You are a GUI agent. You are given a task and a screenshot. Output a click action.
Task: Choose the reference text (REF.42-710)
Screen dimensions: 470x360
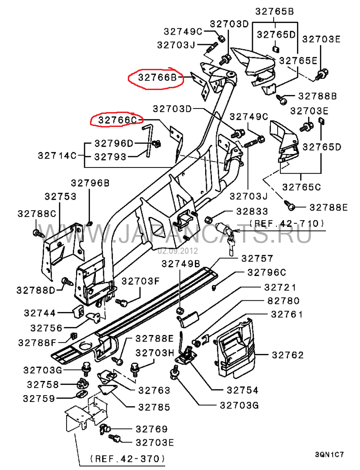[x=287, y=223]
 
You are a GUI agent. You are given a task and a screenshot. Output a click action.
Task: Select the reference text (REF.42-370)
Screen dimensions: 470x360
[x=127, y=459]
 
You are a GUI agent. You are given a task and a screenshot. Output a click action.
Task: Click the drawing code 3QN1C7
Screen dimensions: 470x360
[x=329, y=455]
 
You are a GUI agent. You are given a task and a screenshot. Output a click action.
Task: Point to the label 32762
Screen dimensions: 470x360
[x=288, y=355]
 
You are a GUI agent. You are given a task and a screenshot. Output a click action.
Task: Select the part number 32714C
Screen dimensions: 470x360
[x=57, y=156]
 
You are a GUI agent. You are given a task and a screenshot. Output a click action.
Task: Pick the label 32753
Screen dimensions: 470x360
[x=60, y=197]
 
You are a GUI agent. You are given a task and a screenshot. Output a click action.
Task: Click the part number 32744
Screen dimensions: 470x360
[x=40, y=312]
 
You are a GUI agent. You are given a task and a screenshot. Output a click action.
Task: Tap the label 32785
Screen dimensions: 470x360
[x=154, y=407]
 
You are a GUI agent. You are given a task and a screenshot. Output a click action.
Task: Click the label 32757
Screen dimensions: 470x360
[x=257, y=258]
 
